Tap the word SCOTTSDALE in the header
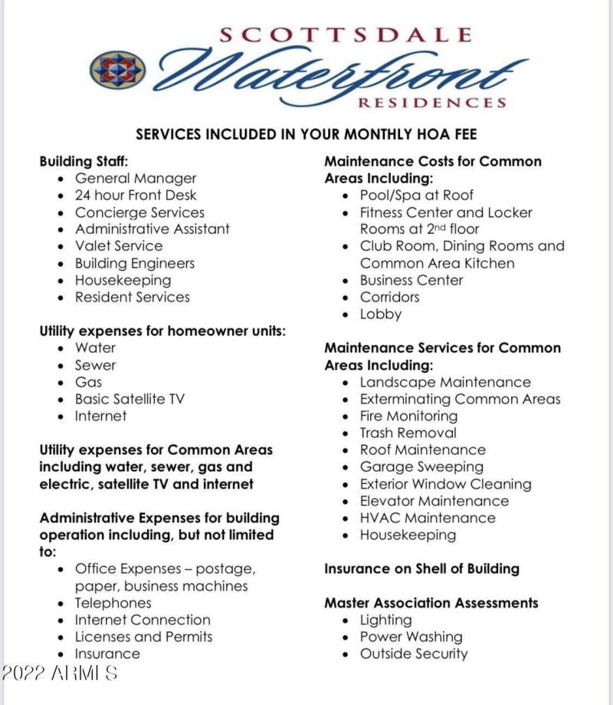pyautogui.click(x=345, y=35)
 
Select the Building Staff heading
pyautogui.click(x=84, y=162)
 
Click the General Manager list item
pyautogui.click(x=136, y=179)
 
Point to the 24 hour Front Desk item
pyautogui.click(x=136, y=196)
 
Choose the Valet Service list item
pyautogui.click(x=119, y=246)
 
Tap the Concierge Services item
pyautogui.click(x=139, y=212)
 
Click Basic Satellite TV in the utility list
pyautogui.click(x=129, y=399)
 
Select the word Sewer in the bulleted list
pyautogui.click(x=96, y=365)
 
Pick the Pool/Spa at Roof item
pyautogui.click(x=417, y=196)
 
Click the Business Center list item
pyautogui.click(x=411, y=280)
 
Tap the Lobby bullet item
pyautogui.click(x=381, y=314)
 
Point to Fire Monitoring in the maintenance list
pyautogui.click(x=408, y=416)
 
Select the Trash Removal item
pyautogui.click(x=408, y=433)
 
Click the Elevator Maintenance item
pyautogui.click(x=434, y=501)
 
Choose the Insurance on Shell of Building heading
pyautogui.click(x=421, y=569)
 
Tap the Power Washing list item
pyautogui.click(x=411, y=637)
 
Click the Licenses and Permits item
pyautogui.click(x=143, y=637)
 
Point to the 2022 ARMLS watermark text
pyautogui.click(x=60, y=674)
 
